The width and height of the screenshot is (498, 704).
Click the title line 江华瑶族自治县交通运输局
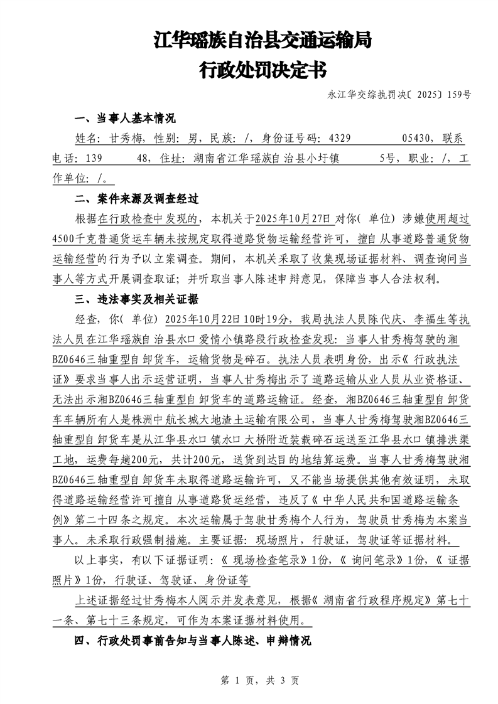click(x=262, y=41)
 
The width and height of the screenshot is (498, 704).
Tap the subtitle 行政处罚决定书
click(x=262, y=70)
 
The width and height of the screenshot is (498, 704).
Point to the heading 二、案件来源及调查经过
click(x=136, y=200)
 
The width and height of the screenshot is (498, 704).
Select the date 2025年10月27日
click(x=291, y=220)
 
